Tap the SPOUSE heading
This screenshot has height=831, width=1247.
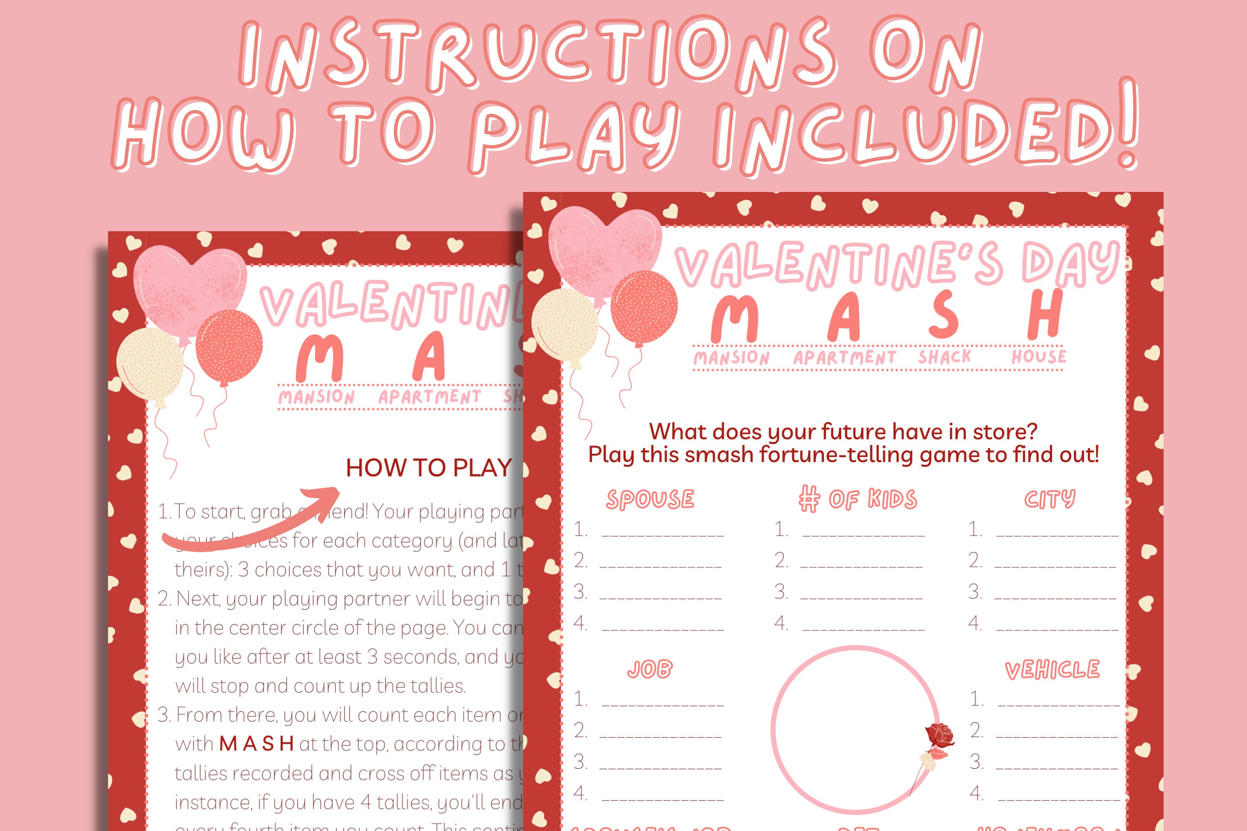650,499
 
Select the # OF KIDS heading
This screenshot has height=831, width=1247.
857,499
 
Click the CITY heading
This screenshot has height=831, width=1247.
1049,499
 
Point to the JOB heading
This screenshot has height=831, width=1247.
649,669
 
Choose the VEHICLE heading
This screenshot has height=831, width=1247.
1052,670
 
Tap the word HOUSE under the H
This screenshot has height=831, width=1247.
1038,356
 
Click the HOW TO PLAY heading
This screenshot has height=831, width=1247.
429,468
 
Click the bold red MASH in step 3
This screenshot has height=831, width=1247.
256,744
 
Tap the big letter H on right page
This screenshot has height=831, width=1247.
1044,315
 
